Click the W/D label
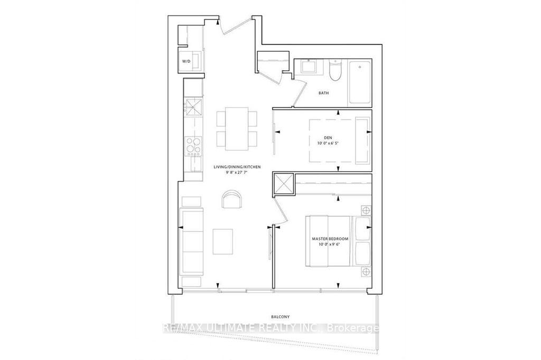186,61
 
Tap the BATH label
324,93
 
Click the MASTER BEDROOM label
330,239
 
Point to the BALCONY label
280,317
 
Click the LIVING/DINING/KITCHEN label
237,167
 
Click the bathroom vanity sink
309,66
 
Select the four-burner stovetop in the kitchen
193,145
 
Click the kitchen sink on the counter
193,108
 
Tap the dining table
237,129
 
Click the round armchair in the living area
231,200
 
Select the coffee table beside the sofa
222,241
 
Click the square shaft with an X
283,184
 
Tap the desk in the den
362,141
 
